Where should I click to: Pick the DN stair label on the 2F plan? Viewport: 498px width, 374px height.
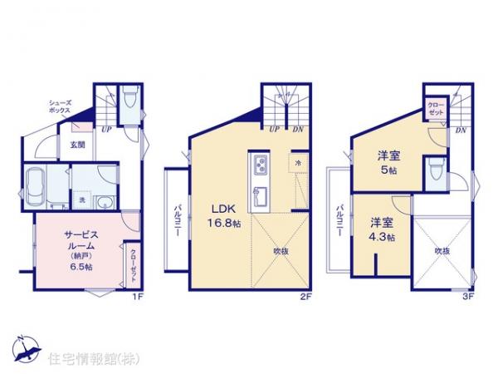pos(297,130)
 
